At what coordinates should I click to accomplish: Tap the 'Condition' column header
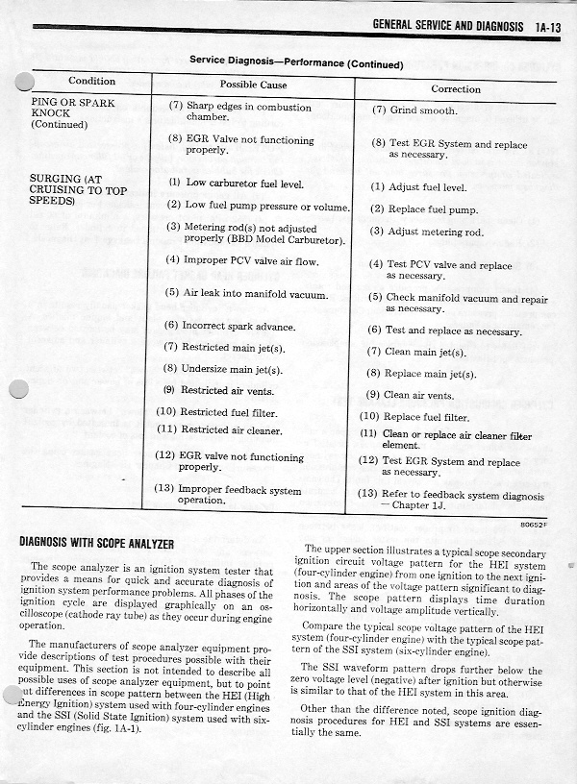point(91,82)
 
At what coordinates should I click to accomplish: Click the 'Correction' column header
point(456,89)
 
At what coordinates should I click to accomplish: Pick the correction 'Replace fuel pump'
point(430,209)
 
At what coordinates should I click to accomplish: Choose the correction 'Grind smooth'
point(420,110)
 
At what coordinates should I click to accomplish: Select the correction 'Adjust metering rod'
point(434,233)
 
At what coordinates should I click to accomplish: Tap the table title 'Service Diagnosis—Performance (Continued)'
point(295,61)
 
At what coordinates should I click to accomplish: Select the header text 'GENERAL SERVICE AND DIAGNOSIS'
point(447,27)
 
